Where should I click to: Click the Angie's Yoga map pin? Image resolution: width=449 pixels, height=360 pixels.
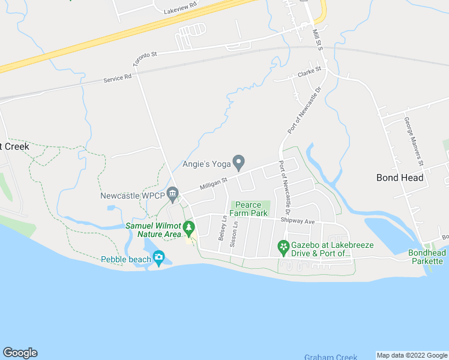[238, 162]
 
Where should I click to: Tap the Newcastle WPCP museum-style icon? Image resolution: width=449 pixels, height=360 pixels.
[173, 193]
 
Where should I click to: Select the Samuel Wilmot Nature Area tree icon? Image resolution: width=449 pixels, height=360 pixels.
[189, 227]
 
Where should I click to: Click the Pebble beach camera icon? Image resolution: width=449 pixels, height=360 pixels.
[158, 259]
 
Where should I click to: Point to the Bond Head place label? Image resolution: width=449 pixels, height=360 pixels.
[400, 178]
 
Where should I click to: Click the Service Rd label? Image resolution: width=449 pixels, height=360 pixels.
[117, 78]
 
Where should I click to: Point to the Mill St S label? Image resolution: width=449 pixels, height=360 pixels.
[318, 40]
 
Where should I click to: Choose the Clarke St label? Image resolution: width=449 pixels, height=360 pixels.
[310, 72]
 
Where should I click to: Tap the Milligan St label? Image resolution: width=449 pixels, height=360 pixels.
[214, 181]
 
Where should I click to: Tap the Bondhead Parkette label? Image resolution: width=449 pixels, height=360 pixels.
[427, 257]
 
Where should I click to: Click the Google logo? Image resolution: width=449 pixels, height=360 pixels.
[20, 353]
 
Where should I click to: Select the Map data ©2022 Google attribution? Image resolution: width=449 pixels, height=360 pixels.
[412, 355]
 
